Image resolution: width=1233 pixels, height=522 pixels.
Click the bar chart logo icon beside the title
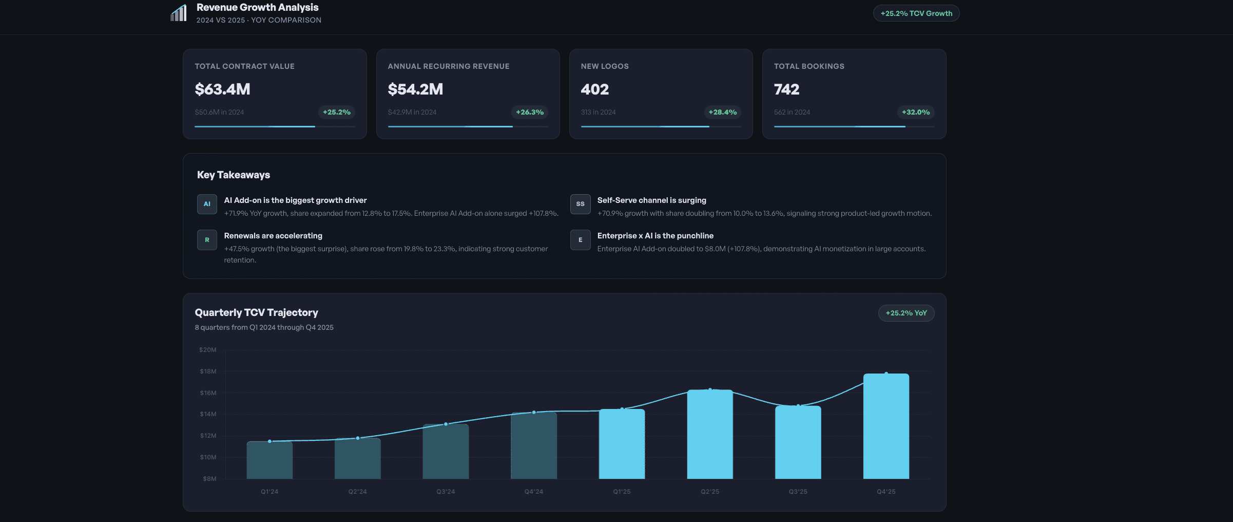[179, 13]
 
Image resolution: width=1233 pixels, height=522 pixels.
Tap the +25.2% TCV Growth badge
[916, 13]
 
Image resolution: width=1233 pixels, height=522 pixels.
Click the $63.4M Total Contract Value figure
[222, 89]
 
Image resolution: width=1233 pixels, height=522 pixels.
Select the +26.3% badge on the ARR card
[530, 112]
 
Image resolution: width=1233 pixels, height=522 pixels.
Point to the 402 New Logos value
[594, 89]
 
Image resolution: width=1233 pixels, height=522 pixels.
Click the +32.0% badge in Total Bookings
[916, 112]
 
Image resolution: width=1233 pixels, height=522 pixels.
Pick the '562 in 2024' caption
[792, 112]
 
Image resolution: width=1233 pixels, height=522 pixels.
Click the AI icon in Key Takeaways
[207, 204]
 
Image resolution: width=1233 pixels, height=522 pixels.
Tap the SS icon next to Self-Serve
[580, 204]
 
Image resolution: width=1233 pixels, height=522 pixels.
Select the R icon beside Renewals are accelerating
[207, 240]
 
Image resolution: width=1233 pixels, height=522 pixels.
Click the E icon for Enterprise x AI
[580, 240]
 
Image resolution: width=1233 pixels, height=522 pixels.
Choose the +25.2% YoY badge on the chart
[906, 313]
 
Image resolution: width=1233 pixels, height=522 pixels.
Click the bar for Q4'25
[886, 426]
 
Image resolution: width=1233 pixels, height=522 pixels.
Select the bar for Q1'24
[269, 460]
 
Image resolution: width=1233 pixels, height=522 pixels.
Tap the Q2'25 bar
[710, 434]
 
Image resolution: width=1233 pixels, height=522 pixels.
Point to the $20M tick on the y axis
[208, 350]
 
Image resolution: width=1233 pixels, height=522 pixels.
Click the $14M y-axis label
[208, 414]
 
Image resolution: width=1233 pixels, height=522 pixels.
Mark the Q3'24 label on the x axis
[446, 492]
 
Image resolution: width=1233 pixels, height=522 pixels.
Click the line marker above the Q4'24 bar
[534, 412]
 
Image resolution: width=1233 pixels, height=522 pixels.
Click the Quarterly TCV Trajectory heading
[256, 312]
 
